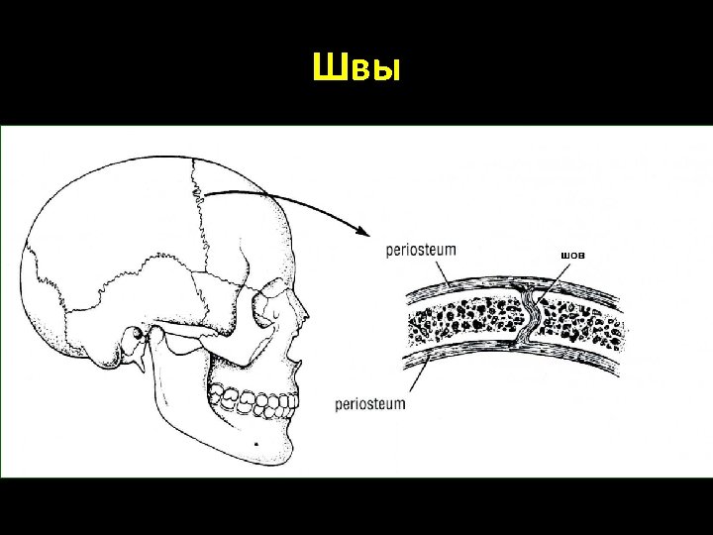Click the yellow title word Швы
pyautogui.click(x=356, y=68)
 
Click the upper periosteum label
pyautogui.click(x=421, y=250)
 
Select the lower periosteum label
pyautogui.click(x=370, y=404)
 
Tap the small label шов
pyautogui.click(x=572, y=256)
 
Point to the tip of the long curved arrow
pyautogui.click(x=367, y=236)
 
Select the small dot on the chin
pyautogui.click(x=256, y=445)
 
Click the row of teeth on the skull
pyautogui.click(x=255, y=401)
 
